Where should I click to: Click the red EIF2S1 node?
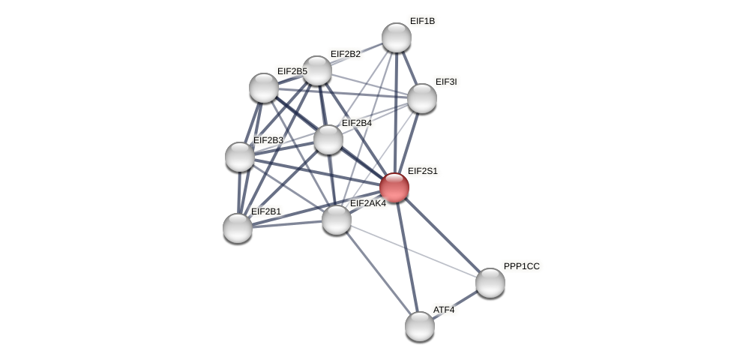point(394,187)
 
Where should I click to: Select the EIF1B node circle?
point(397,37)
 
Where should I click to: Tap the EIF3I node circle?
point(422,98)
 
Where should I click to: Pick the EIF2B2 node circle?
point(317,70)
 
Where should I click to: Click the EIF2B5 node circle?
point(264,88)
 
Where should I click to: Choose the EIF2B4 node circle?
point(328,139)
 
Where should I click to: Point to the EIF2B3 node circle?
point(240,157)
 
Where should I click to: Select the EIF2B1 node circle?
point(238,228)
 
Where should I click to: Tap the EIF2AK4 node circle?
point(337,220)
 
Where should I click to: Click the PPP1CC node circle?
point(490,283)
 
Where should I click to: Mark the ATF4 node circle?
point(420,326)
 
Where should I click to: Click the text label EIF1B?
point(422,21)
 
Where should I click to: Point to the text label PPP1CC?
point(521,266)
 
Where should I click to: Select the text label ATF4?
point(444,310)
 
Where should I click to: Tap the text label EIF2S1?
point(423,171)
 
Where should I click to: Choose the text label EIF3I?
point(446,82)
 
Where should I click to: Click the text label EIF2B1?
point(266,211)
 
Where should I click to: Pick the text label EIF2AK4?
point(368,203)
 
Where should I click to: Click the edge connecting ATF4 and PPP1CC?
point(455,304)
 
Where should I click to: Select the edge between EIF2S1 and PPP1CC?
point(442,235)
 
